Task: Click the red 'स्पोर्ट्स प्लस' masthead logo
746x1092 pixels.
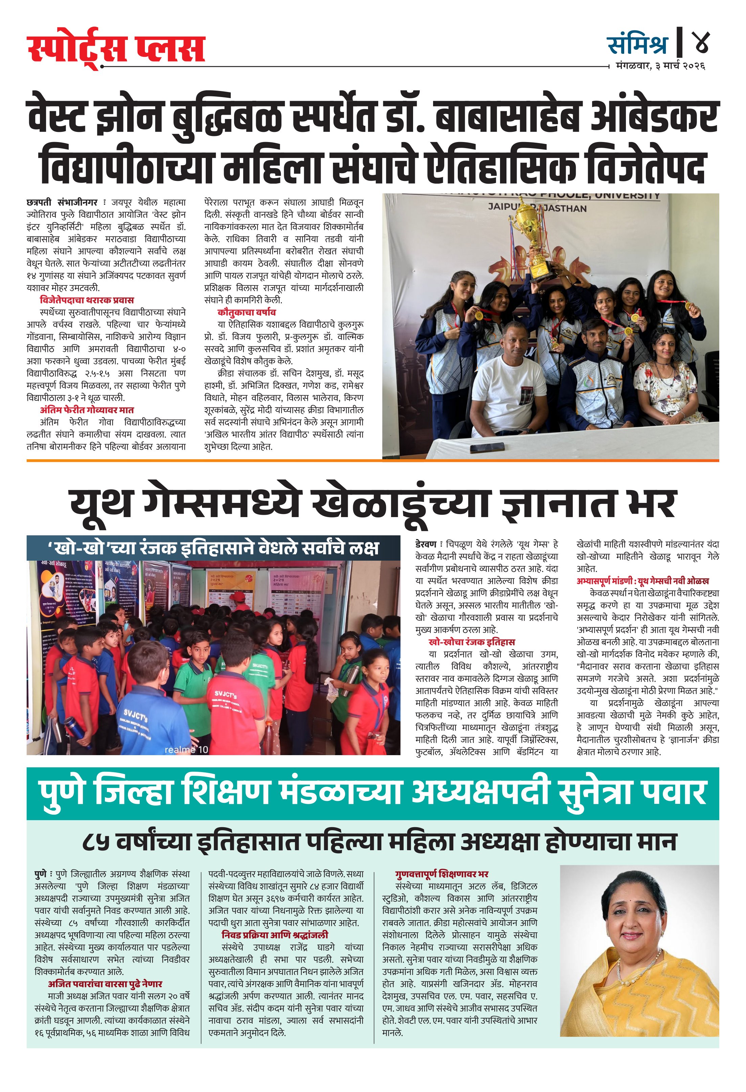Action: click(x=116, y=49)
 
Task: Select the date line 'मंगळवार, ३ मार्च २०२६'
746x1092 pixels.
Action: click(x=660, y=66)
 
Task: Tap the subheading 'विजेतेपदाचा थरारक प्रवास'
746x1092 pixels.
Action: click(x=87, y=300)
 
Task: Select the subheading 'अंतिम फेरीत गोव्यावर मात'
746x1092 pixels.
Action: click(x=87, y=410)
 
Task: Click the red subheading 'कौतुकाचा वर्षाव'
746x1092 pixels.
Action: click(x=246, y=312)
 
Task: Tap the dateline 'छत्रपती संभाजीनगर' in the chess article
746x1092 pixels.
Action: click(x=62, y=203)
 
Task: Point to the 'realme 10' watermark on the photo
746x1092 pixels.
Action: click(x=186, y=749)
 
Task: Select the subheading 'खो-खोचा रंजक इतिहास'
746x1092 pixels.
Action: click(x=472, y=642)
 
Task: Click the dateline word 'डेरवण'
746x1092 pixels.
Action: click(x=426, y=544)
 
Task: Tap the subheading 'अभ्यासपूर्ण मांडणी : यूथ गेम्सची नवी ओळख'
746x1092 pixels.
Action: click(x=642, y=581)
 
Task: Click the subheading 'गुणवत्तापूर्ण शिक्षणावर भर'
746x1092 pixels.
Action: click(x=442, y=874)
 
